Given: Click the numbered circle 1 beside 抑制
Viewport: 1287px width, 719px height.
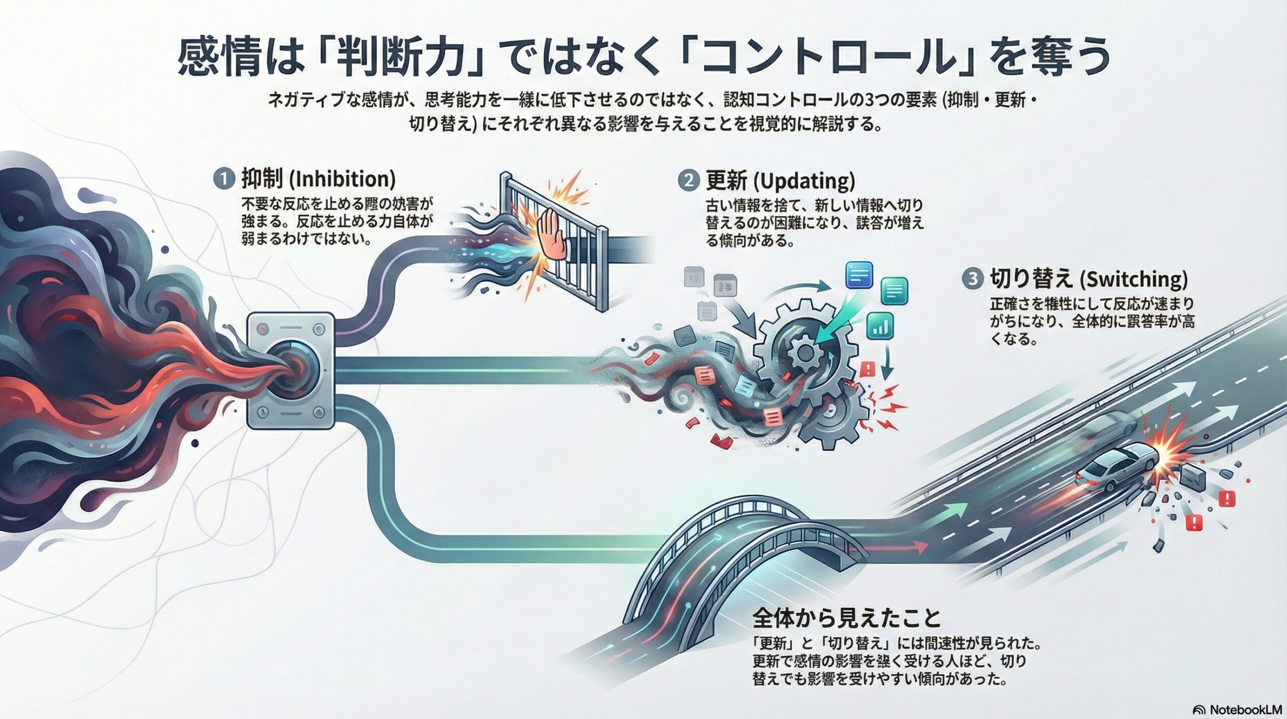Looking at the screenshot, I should pos(224,179).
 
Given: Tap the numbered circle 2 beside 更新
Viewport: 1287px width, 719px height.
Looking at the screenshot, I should pos(688,181).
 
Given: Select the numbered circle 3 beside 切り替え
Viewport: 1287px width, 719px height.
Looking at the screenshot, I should pos(972,279).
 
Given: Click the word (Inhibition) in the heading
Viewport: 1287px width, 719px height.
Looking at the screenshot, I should pos(342,179).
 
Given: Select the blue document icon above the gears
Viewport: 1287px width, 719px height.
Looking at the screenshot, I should pos(859,274).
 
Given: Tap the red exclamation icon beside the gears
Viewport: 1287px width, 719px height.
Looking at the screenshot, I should pos(868,369).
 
